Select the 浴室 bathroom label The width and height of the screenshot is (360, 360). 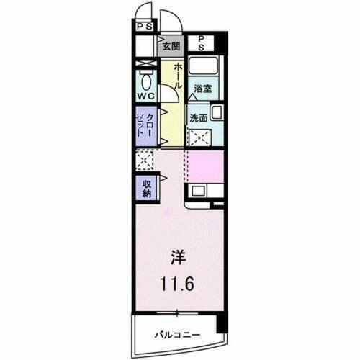point(203,89)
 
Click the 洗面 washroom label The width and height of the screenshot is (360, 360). point(199,118)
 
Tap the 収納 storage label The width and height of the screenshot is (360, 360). point(145,187)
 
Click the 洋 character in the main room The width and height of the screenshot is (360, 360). point(178,255)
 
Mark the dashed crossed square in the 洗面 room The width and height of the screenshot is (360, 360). point(199,136)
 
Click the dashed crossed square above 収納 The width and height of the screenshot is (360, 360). point(144,161)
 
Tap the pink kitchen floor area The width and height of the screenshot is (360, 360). point(206,167)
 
